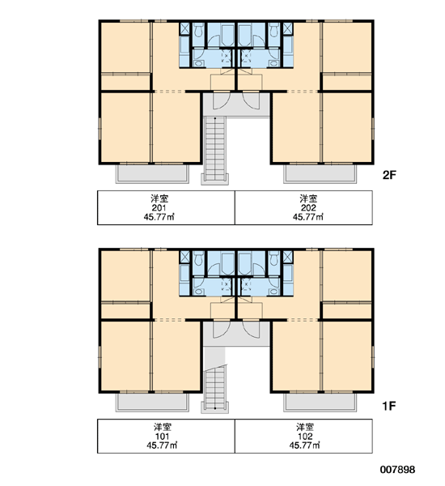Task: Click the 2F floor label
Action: [x=389, y=175]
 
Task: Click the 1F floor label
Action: [x=389, y=406]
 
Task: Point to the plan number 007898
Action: [x=397, y=470]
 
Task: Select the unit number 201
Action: [x=159, y=207]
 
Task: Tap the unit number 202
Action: [x=308, y=207]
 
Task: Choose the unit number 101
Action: [x=162, y=437]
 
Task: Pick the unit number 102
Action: [x=305, y=437]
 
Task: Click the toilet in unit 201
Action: [x=198, y=30]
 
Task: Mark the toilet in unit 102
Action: [x=273, y=258]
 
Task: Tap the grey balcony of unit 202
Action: [x=320, y=173]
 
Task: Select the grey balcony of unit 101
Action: [x=152, y=402]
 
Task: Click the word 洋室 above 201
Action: [x=159, y=198]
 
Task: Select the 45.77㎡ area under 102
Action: [x=305, y=446]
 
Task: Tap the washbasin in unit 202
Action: [x=273, y=63]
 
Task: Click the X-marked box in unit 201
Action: [x=184, y=29]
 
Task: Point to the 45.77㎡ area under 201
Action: [x=159, y=217]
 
